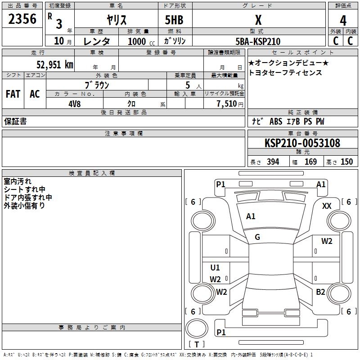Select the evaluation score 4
coord(343,21)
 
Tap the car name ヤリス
coord(116,20)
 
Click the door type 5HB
coord(174,20)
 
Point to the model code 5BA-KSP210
coord(258,41)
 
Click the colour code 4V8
coord(75,103)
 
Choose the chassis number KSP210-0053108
coord(302,143)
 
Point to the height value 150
coord(346,162)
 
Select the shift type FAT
coord(13,94)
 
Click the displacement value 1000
coord(137,41)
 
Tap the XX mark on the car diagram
coord(327,206)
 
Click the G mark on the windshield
coord(257,237)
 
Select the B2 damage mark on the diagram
coord(320,292)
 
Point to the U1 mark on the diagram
coord(215,268)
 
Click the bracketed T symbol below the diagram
coord(197,344)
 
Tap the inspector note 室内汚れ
coord(18,181)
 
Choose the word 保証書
coord(15,121)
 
